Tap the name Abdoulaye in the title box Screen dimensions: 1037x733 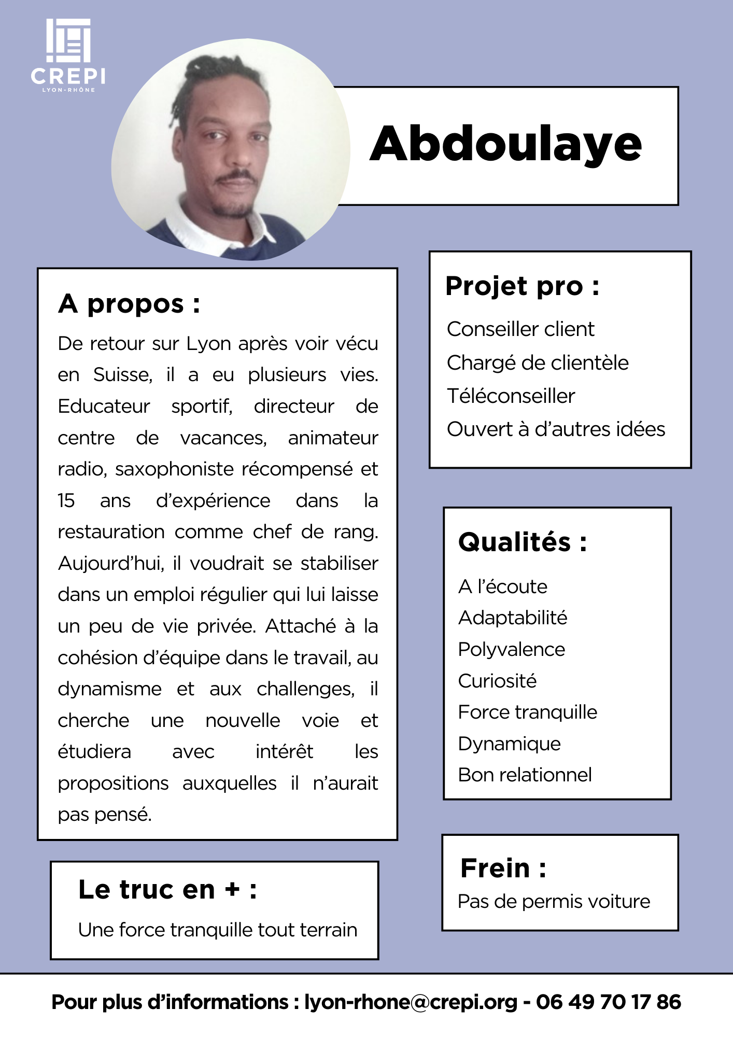click(505, 144)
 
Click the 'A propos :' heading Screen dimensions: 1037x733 click(129, 304)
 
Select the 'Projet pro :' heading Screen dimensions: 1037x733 click(522, 286)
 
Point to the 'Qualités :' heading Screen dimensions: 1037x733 click(523, 542)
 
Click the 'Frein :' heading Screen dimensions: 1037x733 click(503, 868)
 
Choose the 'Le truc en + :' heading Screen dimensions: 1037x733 click(167, 890)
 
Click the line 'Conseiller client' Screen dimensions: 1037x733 click(520, 329)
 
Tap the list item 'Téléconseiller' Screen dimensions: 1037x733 click(511, 396)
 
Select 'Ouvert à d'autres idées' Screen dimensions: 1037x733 click(556, 429)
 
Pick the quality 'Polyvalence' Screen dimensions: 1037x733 click(512, 650)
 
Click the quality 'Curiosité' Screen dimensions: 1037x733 click(497, 681)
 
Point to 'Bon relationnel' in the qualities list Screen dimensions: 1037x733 click(525, 775)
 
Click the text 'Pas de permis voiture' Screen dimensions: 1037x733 click(554, 902)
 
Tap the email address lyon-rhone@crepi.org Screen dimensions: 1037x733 click(411, 1002)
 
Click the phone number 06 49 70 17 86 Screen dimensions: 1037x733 click(608, 1002)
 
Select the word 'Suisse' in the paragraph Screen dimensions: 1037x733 click(122, 375)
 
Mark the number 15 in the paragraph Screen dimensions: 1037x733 click(66, 501)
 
